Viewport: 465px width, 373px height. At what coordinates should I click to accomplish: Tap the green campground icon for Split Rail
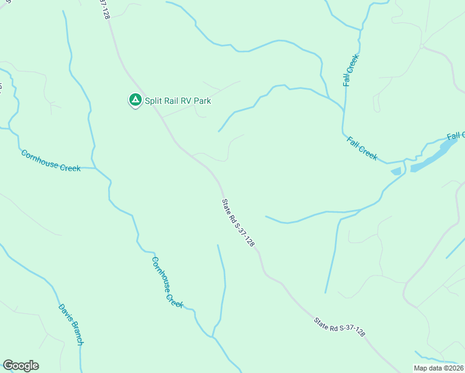[134, 99]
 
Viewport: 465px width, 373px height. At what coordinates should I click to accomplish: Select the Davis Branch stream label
[71, 324]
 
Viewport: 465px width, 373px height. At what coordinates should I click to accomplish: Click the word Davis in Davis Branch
[64, 312]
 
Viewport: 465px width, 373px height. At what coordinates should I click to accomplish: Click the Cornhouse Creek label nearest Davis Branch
[167, 283]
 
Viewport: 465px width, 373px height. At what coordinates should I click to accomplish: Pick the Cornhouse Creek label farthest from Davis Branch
[50, 160]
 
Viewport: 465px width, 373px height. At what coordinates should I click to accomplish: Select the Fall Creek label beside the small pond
[362, 149]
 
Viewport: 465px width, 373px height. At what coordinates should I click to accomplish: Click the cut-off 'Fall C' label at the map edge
[456, 136]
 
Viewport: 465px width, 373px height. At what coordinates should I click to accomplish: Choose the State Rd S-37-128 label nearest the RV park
[238, 223]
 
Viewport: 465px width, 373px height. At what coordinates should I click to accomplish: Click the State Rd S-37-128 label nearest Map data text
[339, 328]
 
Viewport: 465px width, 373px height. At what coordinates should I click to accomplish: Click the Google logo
[21, 366]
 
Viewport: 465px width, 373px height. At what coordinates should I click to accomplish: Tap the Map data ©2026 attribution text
[438, 368]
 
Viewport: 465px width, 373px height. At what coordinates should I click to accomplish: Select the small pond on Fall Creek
[395, 171]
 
